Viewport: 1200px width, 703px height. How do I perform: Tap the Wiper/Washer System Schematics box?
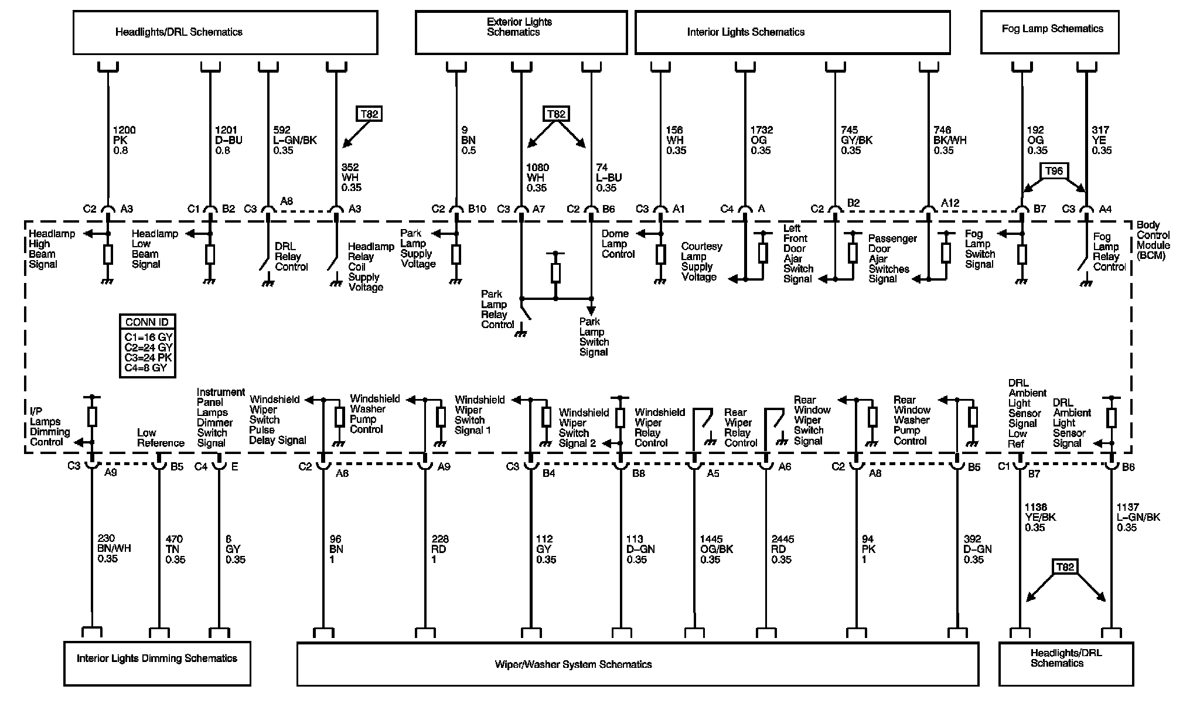[x=637, y=664]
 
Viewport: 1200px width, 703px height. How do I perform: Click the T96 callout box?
[x=1054, y=172]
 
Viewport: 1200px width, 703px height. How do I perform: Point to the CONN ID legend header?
[x=147, y=322]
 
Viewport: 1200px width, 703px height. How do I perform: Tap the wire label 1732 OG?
[x=761, y=140]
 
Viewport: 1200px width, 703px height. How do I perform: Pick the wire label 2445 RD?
[x=782, y=549]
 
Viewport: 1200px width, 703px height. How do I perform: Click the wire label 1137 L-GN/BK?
[x=1138, y=517]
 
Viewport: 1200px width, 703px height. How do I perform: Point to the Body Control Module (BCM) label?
[x=1153, y=240]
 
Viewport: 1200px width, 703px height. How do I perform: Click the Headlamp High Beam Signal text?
[x=52, y=249]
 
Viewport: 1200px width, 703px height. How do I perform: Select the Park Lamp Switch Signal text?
[x=594, y=337]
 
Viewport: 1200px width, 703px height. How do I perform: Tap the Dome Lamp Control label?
[x=618, y=244]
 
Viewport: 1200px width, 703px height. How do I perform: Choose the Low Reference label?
[x=161, y=438]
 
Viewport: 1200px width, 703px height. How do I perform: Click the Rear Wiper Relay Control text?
[x=740, y=428]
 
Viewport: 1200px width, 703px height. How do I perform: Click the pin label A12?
[x=950, y=203]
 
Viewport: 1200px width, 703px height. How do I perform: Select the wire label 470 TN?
[x=175, y=549]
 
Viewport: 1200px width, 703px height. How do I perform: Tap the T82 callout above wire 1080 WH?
[x=555, y=114]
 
